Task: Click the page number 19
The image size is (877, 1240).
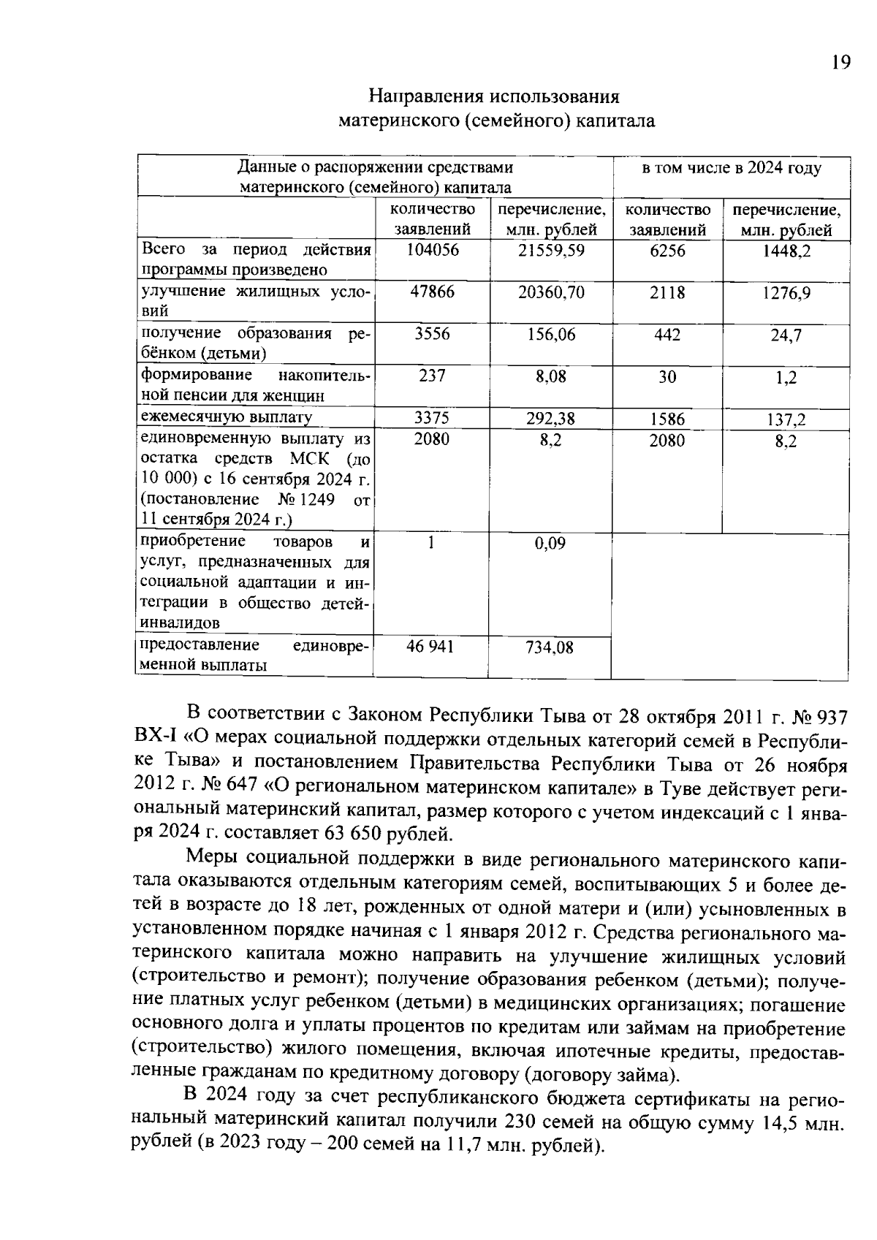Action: tap(840, 63)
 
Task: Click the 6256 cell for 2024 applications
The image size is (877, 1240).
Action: tap(667, 251)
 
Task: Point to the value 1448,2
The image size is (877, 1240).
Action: tap(786, 251)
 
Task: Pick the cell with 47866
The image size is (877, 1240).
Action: tap(432, 292)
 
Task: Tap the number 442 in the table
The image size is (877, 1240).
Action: tap(667, 335)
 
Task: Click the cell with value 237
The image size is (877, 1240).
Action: tap(432, 376)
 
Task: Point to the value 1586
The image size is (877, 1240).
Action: tap(667, 419)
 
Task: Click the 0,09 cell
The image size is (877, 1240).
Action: tap(550, 544)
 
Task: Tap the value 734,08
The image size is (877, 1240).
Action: tap(550, 648)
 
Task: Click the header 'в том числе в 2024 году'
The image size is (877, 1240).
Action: tap(731, 169)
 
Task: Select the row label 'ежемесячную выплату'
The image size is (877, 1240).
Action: tap(227, 418)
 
